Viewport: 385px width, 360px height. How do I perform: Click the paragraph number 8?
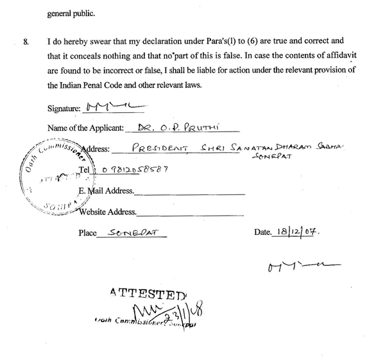(x=26, y=42)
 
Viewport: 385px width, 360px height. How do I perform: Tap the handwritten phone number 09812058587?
(x=129, y=169)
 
